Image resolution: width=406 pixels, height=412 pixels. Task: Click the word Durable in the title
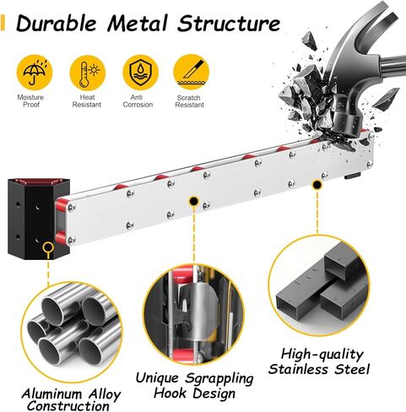57,24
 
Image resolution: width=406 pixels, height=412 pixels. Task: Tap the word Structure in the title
229,24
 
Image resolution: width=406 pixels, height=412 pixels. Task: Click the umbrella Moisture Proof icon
35,73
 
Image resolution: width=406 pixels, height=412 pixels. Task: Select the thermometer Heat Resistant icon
88,73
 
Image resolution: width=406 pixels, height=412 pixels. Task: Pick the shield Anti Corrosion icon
140,73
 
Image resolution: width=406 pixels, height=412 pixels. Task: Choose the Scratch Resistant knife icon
191,73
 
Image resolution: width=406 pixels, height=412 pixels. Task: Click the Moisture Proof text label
30,101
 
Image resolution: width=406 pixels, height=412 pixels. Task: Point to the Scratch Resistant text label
189,101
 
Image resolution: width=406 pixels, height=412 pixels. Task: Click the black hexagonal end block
39,219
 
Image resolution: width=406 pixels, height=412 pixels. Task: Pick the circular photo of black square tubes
319,286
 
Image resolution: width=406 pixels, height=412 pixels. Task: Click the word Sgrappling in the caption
219,378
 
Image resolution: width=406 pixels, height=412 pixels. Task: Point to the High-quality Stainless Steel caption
319,361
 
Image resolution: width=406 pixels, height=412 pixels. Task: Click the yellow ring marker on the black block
48,248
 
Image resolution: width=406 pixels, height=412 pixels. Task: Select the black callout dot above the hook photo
193,201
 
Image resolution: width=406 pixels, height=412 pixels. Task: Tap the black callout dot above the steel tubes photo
317,185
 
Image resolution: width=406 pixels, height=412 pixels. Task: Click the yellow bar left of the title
3,23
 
